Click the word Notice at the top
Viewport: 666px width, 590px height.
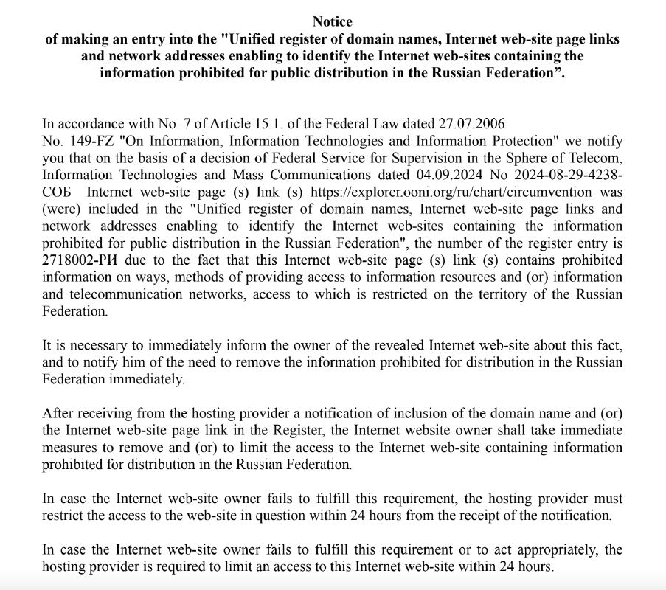(x=333, y=22)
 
